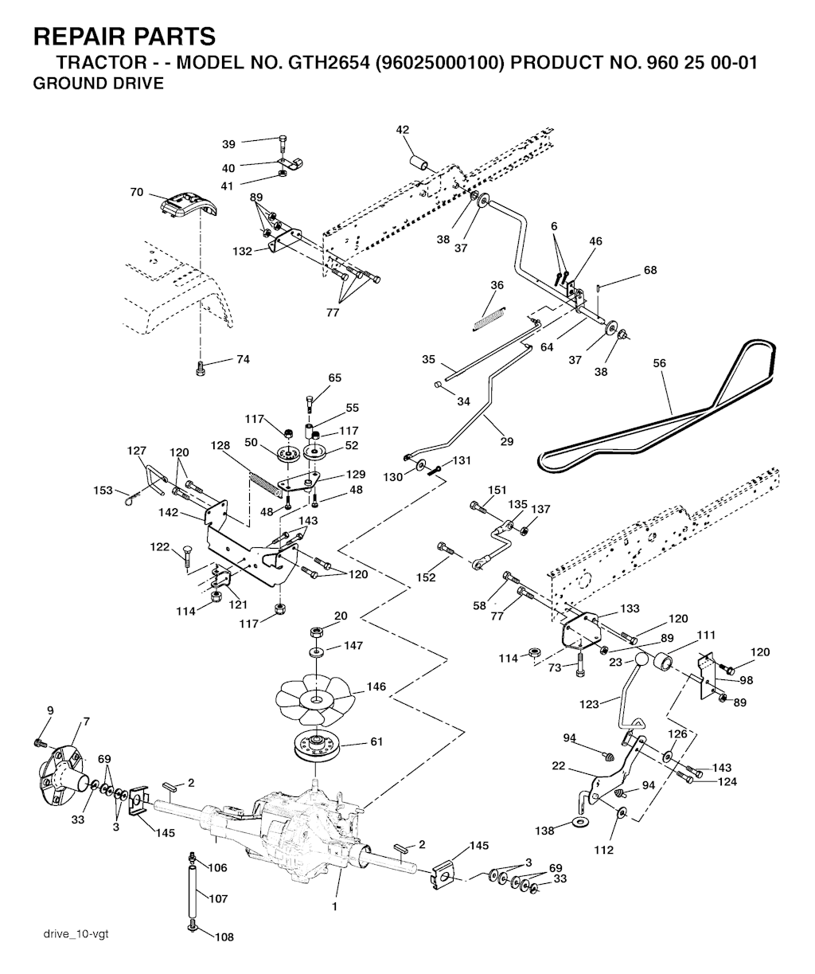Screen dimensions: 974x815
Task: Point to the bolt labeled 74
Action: tap(201, 367)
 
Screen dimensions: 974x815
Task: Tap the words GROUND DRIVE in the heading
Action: tap(98, 83)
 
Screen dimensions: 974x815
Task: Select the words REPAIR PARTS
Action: tap(124, 36)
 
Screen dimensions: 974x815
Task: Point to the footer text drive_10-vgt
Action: tap(76, 933)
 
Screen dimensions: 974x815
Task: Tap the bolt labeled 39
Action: tap(283, 146)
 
